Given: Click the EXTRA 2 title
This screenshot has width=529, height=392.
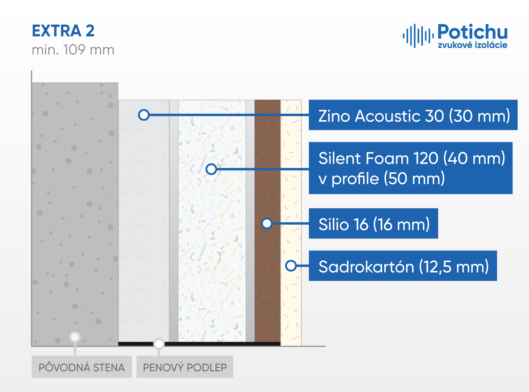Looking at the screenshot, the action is pyautogui.click(x=63, y=31).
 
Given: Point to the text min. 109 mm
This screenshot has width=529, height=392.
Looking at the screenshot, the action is pyautogui.click(x=73, y=50).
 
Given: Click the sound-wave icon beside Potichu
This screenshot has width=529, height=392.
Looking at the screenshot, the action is pyautogui.click(x=418, y=36).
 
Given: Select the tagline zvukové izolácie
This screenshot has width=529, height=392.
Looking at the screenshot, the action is pyautogui.click(x=472, y=45).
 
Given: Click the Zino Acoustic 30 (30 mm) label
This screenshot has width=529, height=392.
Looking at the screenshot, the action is pyautogui.click(x=413, y=115).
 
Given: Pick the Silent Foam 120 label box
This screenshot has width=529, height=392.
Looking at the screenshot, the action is pyautogui.click(x=411, y=168).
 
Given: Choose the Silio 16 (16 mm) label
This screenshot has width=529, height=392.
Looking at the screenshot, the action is pyautogui.click(x=373, y=223).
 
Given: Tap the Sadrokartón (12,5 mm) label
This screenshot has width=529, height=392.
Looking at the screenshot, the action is pyautogui.click(x=403, y=266).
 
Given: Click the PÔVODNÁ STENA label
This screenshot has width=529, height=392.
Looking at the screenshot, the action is pyautogui.click(x=82, y=367).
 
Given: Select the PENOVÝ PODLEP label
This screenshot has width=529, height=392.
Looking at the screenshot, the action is pyautogui.click(x=185, y=367).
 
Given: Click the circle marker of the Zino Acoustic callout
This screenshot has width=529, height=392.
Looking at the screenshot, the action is pyautogui.click(x=144, y=115).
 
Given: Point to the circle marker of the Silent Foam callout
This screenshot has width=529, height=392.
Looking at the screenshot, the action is pyautogui.click(x=211, y=169).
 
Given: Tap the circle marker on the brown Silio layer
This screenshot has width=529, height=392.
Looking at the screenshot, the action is pyautogui.click(x=267, y=223).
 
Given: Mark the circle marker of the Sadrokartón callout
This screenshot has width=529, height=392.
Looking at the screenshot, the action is pyautogui.click(x=291, y=266).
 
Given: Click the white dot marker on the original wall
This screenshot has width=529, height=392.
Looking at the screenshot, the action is pyautogui.click(x=75, y=337).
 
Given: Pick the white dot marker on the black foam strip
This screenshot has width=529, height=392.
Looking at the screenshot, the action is pyautogui.click(x=159, y=344).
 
